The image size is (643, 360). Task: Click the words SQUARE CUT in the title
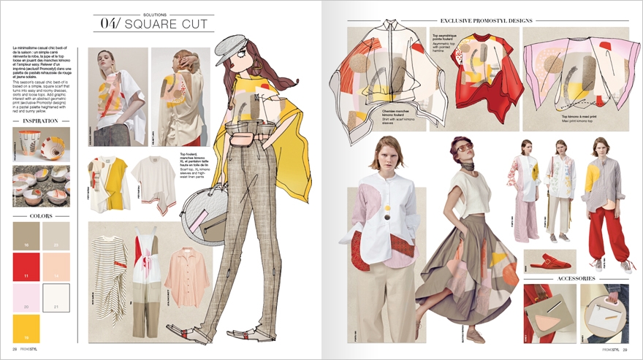click(x=167, y=24)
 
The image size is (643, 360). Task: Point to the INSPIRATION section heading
click(x=41, y=120)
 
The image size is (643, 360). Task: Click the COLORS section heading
click(x=41, y=216)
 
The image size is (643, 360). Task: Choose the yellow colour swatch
click(x=26, y=329)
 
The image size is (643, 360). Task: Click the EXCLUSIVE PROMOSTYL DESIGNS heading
click(x=486, y=20)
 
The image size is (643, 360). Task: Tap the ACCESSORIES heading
click(x=577, y=278)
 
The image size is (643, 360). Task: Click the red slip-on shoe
click(x=549, y=261)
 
